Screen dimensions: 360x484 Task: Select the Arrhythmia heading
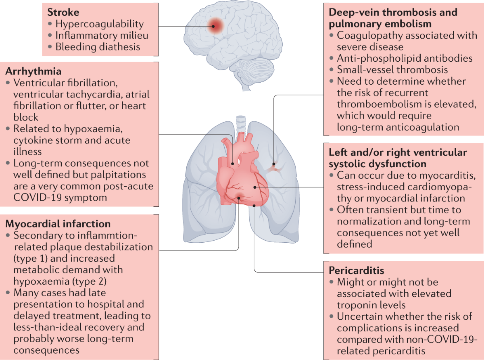click(x=33, y=72)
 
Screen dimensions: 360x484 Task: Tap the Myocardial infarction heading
click(x=58, y=223)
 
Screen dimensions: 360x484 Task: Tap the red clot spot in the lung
click(x=274, y=165)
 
